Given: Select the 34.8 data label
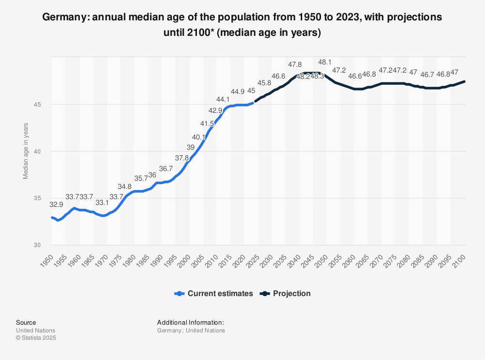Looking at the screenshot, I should [125, 187].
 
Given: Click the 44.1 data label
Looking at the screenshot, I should [223, 100].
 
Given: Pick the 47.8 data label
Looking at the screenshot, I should [295, 64].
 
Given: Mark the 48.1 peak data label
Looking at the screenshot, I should [325, 63].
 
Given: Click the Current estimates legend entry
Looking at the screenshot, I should [214, 294].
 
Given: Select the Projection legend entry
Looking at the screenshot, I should [286, 294].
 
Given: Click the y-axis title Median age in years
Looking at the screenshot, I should [26, 151].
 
